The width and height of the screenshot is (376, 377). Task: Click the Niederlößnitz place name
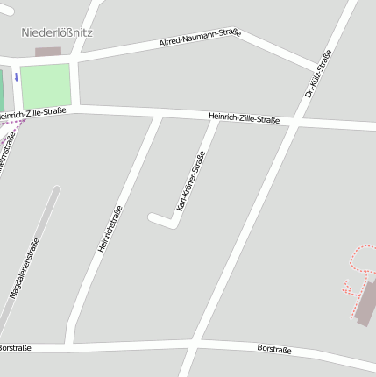click(x=57, y=32)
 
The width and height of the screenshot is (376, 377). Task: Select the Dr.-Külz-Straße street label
click(x=319, y=73)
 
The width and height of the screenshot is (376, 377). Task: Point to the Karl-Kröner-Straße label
click(x=191, y=181)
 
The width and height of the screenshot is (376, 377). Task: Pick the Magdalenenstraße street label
click(x=25, y=268)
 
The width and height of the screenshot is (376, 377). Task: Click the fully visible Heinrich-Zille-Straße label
click(x=245, y=117)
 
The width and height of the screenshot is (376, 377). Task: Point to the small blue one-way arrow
click(x=16, y=77)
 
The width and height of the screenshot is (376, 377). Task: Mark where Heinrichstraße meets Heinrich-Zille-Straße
click(x=159, y=115)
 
